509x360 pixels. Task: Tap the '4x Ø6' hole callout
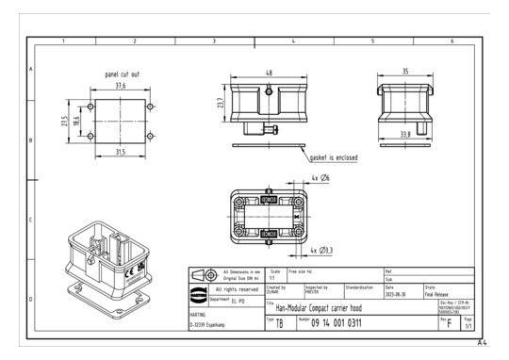(321, 177)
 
